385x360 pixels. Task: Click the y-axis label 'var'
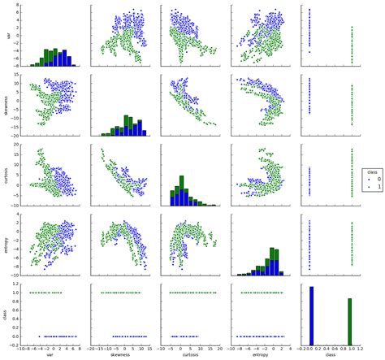pos(7,37)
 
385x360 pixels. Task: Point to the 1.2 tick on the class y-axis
pos(15,282)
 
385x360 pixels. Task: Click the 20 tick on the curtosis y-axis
pos(17,145)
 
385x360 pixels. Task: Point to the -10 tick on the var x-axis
pos(19,347)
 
